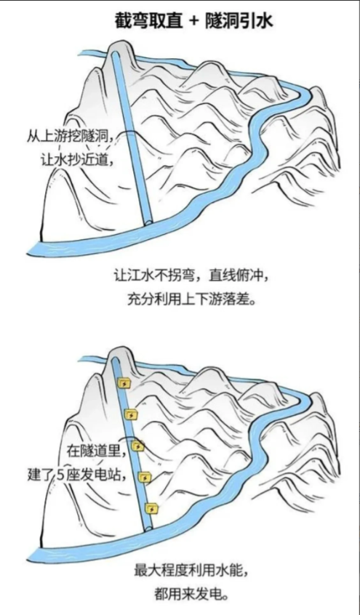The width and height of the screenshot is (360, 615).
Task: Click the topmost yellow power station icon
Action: click(125, 383)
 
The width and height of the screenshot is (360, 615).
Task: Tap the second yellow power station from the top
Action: click(130, 414)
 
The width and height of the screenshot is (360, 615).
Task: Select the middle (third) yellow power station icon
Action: click(137, 446)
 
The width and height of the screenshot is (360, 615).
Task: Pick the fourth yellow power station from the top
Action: click(145, 478)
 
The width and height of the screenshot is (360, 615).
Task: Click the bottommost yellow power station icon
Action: click(151, 509)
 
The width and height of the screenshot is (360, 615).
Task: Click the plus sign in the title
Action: click(194, 21)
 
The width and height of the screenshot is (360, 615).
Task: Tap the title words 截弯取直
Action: click(149, 20)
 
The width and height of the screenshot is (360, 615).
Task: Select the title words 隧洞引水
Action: click(239, 20)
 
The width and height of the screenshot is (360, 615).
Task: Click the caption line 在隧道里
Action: click(97, 451)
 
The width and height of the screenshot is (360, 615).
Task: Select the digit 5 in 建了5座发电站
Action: click(61, 475)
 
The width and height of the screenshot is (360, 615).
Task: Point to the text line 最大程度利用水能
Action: click(191, 570)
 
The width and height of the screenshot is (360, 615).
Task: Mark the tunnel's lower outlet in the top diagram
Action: click(148, 222)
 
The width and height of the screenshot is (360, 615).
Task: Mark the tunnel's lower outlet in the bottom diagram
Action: click(148, 528)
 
